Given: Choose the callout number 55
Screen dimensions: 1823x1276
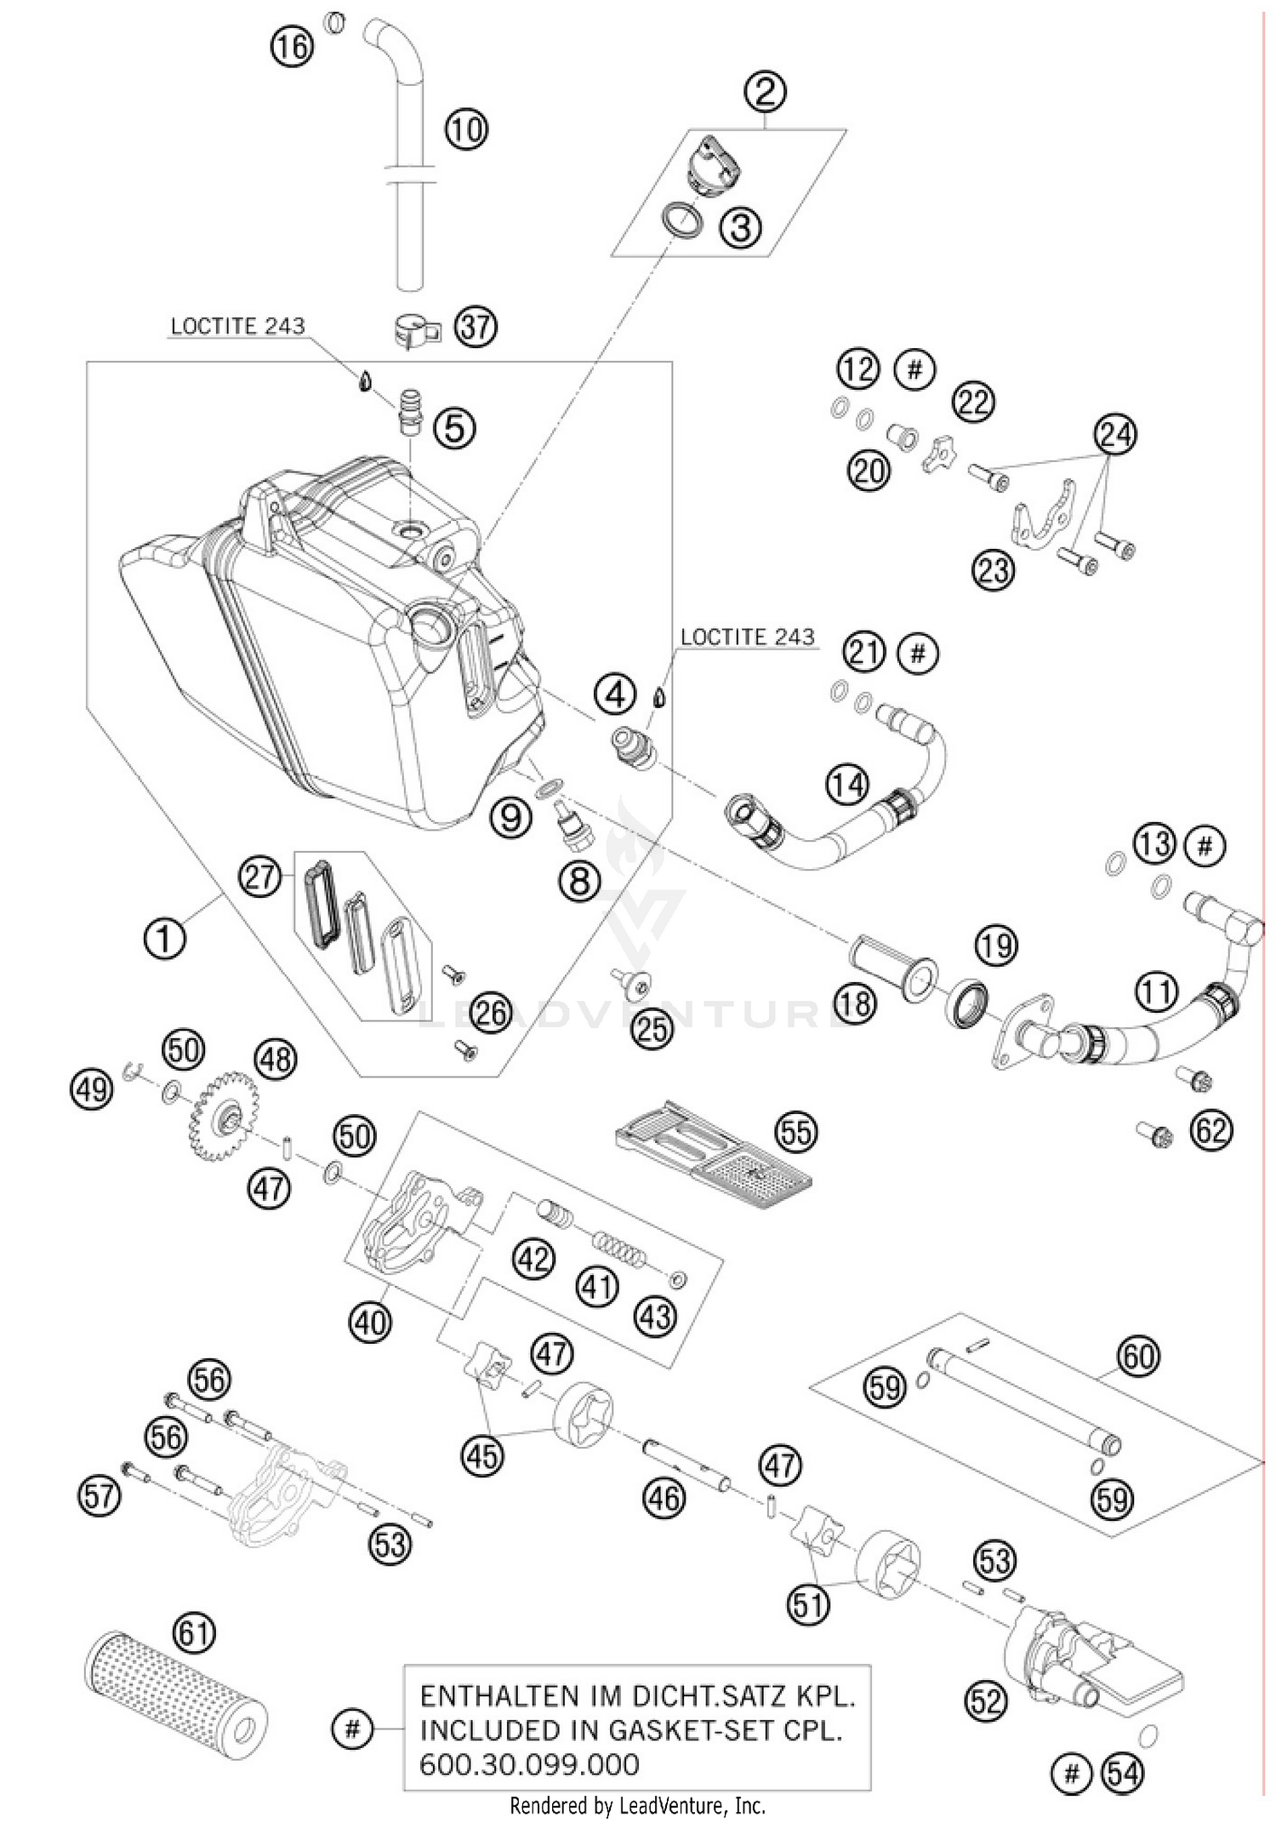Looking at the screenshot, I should [795, 1131].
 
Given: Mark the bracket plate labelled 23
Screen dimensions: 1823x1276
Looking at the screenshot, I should [1043, 519].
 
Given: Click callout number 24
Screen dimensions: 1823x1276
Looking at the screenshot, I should [1115, 434].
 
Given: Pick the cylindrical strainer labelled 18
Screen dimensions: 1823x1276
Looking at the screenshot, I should [893, 966].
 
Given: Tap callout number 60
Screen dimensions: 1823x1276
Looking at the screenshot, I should [1139, 1355].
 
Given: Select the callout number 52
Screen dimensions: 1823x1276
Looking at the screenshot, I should [986, 1701].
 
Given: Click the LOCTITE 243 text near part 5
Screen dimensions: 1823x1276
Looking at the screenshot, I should [237, 326].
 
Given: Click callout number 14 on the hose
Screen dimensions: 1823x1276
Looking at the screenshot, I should [847, 784].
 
